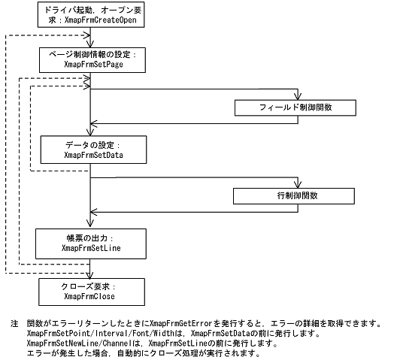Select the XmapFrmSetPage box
click(89, 60)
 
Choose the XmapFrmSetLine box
click(89, 241)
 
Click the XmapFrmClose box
click(89, 291)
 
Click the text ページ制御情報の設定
click(89, 55)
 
